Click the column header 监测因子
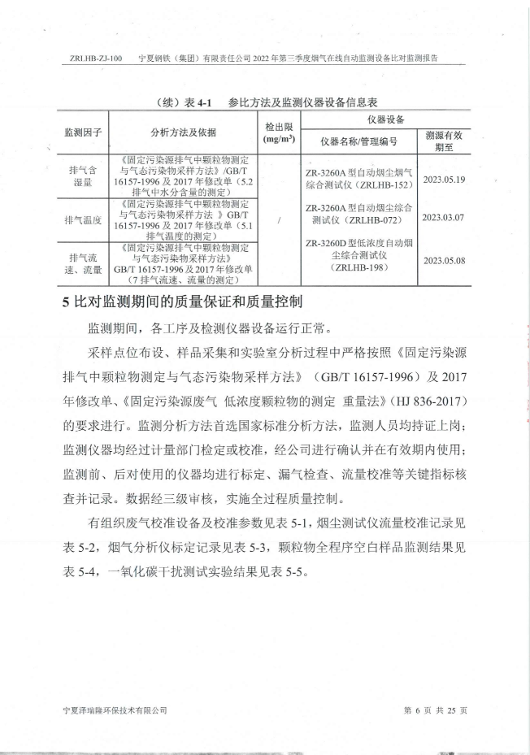point(81,132)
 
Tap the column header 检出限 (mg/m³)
point(279,132)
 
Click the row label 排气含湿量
point(82,177)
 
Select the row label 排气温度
point(82,219)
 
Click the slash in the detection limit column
point(279,219)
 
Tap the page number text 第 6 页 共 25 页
point(436,709)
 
